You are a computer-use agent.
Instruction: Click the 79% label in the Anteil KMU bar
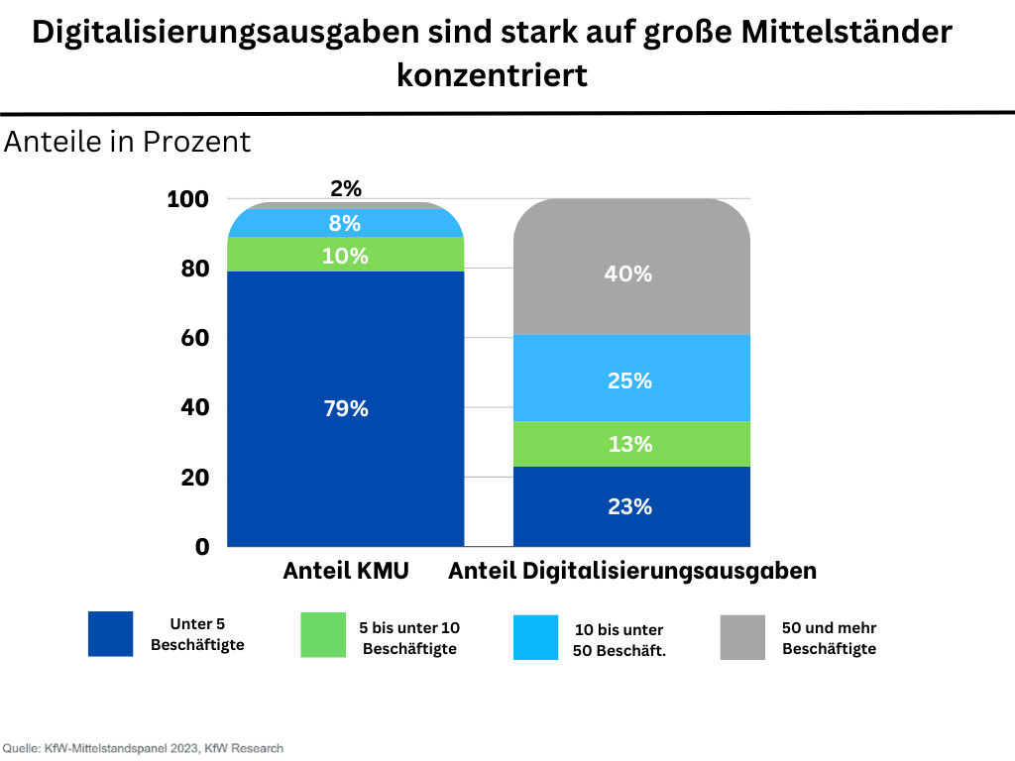click(x=346, y=408)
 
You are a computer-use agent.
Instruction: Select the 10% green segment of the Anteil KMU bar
click(x=346, y=256)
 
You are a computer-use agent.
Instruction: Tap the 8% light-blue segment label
click(x=345, y=223)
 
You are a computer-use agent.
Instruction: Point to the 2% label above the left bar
click(x=346, y=188)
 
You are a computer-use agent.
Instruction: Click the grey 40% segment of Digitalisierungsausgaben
click(x=630, y=273)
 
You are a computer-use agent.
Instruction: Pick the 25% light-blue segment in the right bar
click(x=630, y=380)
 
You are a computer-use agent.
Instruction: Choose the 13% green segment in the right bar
click(x=630, y=445)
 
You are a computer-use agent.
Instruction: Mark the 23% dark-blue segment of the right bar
click(x=630, y=506)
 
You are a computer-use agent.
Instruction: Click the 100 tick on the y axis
click(x=188, y=199)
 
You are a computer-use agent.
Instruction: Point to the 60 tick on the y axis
click(x=193, y=338)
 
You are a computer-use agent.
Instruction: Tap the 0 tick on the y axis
click(x=202, y=547)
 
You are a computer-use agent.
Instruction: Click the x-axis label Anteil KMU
click(x=346, y=572)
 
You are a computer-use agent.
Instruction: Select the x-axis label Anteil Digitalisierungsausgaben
click(x=632, y=572)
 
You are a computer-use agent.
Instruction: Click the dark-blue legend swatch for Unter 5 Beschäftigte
click(x=110, y=634)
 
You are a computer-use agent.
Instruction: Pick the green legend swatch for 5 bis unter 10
click(x=323, y=635)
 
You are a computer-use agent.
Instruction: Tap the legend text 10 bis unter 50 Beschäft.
click(x=619, y=640)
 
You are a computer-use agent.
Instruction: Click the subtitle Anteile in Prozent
click(x=128, y=142)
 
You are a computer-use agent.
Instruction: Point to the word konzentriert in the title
click(x=493, y=75)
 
